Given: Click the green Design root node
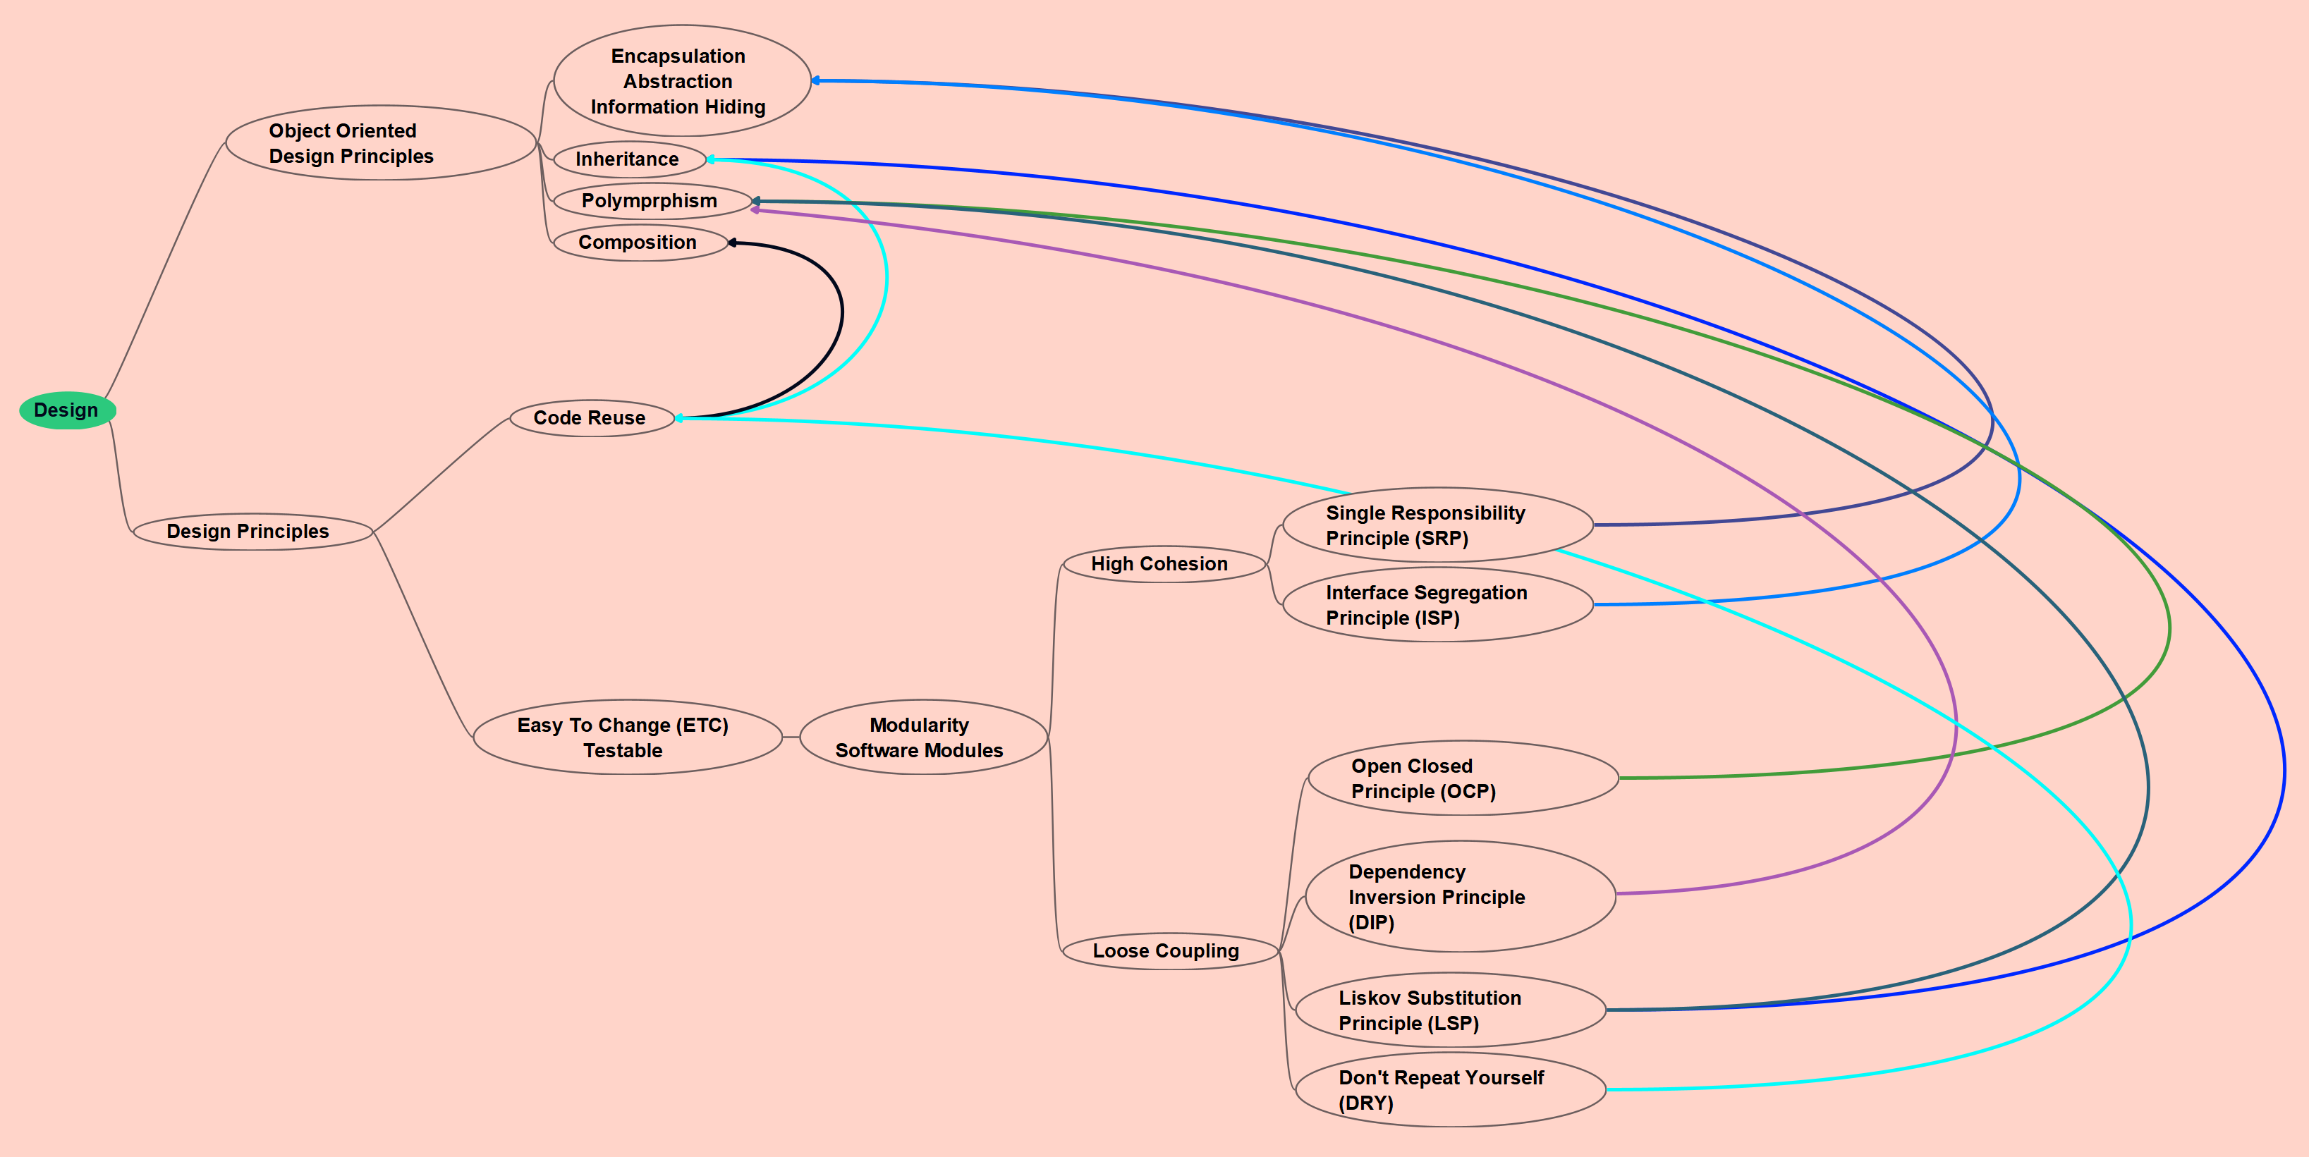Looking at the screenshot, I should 67,410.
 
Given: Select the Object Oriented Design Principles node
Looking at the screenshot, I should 380,143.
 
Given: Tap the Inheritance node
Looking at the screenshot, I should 629,159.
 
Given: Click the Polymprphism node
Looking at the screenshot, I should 652,201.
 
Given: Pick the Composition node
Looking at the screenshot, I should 639,242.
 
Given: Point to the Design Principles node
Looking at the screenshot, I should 252,532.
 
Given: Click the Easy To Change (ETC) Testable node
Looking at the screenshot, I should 626,737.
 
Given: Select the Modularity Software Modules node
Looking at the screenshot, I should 922,737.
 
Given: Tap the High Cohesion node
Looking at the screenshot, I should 1162,564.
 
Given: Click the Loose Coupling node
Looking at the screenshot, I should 1169,951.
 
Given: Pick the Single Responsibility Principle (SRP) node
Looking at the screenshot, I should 1437,525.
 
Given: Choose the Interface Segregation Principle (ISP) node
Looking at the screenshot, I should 1437,605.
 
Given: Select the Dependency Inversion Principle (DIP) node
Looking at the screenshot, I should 1459,896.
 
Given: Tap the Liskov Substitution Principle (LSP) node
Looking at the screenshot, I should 1449,1010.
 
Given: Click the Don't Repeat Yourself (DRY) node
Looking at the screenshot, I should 1449,1090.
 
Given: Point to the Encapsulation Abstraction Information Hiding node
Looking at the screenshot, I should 681,82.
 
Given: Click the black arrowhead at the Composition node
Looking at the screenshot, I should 732,243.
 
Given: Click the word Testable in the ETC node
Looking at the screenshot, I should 623,751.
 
